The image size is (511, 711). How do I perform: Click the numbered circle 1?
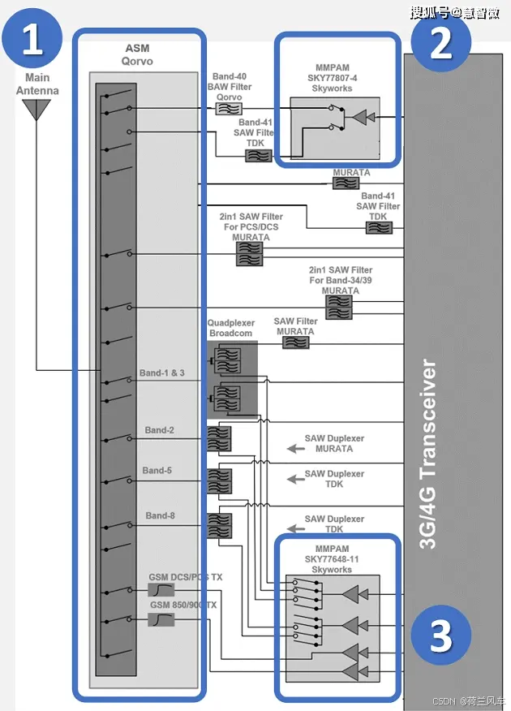32,40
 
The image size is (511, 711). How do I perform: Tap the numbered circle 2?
440,42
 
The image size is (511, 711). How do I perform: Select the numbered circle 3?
440,637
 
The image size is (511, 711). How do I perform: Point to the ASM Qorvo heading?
137,55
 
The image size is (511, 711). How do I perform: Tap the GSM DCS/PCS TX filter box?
161,590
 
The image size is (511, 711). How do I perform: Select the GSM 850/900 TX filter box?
161,619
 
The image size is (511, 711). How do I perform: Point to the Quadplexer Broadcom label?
230,328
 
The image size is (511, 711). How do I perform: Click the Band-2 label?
159,430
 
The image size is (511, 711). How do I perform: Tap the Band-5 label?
157,471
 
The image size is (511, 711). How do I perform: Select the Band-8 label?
160,516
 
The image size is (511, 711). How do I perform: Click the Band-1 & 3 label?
161,373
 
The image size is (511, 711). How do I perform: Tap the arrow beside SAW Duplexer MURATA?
293,448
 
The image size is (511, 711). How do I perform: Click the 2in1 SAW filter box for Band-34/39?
338,306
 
